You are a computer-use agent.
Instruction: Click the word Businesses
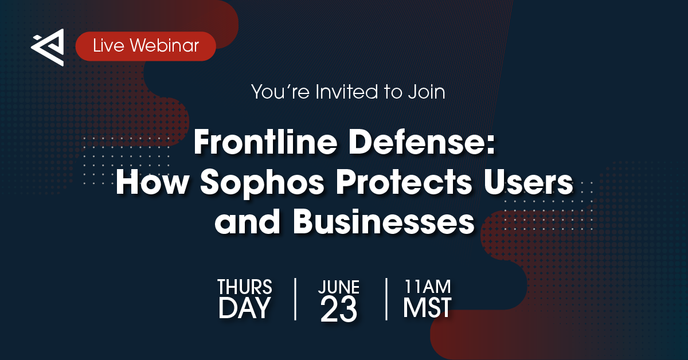[384, 222]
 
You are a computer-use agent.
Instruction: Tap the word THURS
[245, 287]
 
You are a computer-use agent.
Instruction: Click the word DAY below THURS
[244, 308]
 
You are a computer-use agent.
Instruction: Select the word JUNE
[339, 287]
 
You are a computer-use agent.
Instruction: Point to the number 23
[339, 310]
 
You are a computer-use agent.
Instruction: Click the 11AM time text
[427, 286]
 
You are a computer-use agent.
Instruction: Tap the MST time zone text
[427, 308]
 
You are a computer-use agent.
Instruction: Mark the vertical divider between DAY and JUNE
[295, 299]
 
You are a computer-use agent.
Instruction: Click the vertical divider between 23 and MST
[386, 299]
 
